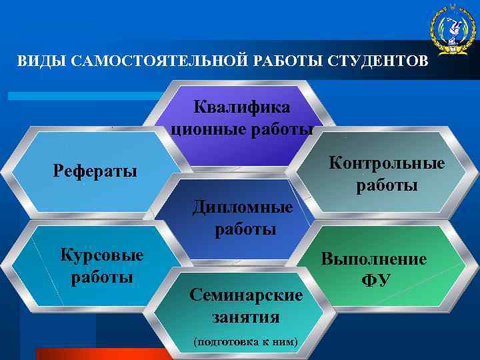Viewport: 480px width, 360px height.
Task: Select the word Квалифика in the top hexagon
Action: coord(242,106)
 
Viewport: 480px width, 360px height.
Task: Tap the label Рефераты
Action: coord(95,171)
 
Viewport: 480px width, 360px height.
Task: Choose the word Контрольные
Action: coord(387,163)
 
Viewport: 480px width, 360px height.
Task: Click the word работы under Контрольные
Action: coord(387,185)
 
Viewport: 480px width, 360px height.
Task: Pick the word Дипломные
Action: coord(243,207)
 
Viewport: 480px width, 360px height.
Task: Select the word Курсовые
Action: coord(102,255)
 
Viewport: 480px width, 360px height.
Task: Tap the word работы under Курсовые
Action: coord(102,276)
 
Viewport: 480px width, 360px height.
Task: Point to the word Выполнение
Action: coord(374,259)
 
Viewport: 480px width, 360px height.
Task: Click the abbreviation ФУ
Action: coord(375,280)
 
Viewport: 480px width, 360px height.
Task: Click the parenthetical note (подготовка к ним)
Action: coord(245,342)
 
